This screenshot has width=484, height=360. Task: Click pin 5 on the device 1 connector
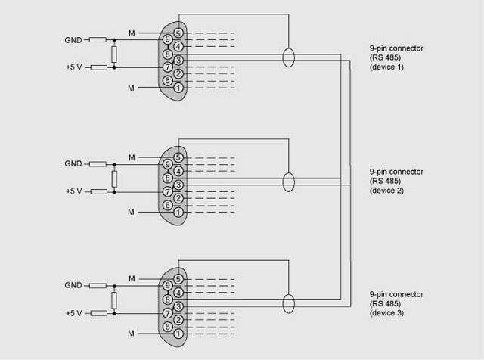(x=178, y=33)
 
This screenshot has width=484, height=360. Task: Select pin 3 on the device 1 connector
(x=178, y=60)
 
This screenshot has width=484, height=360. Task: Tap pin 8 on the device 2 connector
(x=167, y=178)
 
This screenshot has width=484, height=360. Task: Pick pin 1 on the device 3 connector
(x=178, y=334)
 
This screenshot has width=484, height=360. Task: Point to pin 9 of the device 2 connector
(x=167, y=164)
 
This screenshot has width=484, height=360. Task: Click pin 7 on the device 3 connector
(x=167, y=313)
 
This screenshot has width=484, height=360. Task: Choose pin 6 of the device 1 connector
(x=167, y=81)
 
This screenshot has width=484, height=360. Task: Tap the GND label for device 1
(x=73, y=39)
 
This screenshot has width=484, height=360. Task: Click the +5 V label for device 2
(x=74, y=191)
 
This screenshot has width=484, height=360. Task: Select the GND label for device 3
(x=73, y=285)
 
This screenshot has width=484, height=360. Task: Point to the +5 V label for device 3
(x=74, y=313)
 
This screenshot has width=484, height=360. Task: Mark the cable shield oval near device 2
(x=288, y=182)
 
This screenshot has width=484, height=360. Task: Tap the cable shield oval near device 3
(x=288, y=303)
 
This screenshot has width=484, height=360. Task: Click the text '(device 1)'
(x=386, y=67)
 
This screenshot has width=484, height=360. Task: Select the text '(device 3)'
(x=386, y=312)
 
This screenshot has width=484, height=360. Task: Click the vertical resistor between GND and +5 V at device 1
(x=113, y=53)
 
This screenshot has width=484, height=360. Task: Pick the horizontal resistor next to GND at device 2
(x=98, y=163)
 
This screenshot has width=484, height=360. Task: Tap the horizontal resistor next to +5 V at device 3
(x=99, y=313)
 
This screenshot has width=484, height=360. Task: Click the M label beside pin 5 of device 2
(x=132, y=157)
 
